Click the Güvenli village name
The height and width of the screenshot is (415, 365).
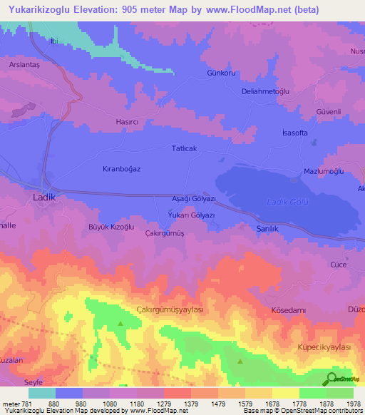coord(329,113)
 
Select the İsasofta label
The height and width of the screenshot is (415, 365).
coord(294,133)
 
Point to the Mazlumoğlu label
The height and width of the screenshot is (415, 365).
coord(324,173)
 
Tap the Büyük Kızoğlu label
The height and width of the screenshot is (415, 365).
coord(111,227)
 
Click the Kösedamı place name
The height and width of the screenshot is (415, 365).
coord(289,311)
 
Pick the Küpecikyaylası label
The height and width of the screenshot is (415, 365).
coord(324,347)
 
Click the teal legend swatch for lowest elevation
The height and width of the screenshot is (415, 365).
coord(41,393)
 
